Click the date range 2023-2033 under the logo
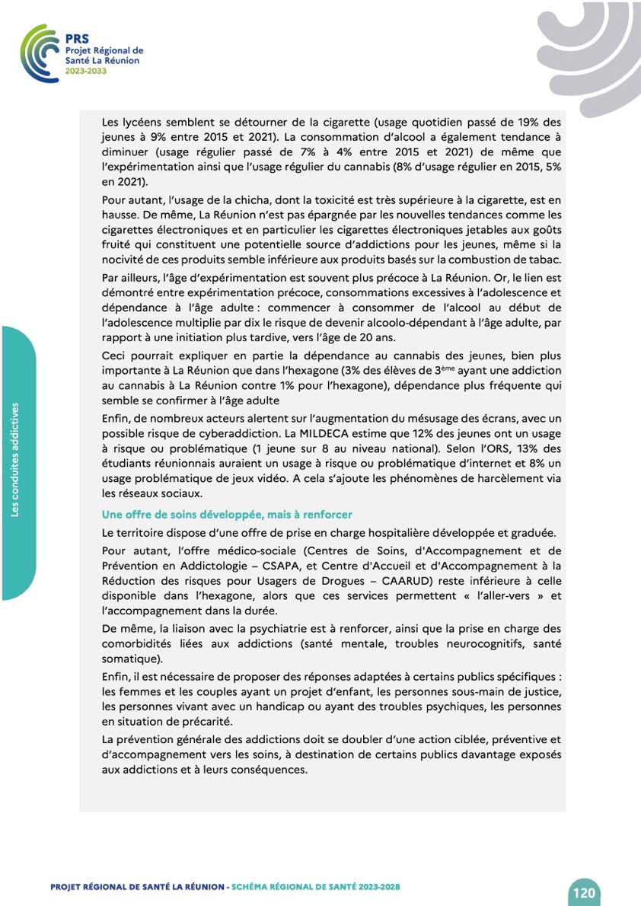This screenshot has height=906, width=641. coord(86,70)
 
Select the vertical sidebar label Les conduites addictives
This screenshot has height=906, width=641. coord(15,460)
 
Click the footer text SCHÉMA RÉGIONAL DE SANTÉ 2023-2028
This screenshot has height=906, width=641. coord(316,887)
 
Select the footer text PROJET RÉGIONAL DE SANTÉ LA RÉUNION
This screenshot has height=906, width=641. coord(138,887)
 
